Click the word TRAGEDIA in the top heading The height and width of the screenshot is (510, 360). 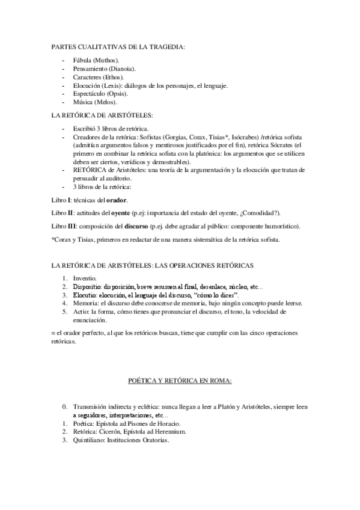tap(162, 46)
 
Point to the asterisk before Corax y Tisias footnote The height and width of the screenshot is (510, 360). tap(53, 240)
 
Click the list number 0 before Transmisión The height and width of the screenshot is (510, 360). tap(65, 407)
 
